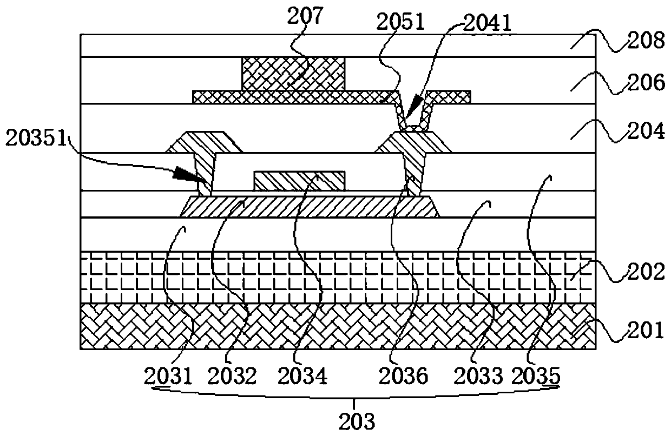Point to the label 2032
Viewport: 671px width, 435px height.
(233, 375)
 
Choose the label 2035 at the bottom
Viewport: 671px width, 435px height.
(537, 375)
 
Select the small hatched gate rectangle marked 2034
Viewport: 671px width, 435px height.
(299, 181)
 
